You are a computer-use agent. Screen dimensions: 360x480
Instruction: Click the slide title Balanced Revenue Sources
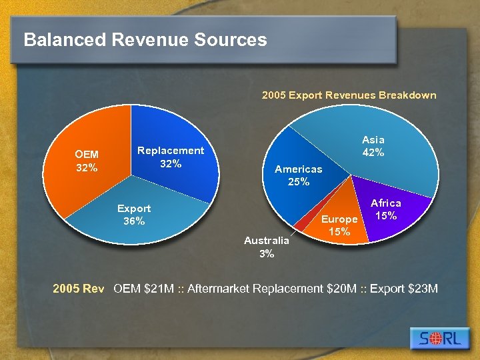click(x=145, y=40)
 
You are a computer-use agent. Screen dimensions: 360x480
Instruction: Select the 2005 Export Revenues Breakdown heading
click(x=349, y=95)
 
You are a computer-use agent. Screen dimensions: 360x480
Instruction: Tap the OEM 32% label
click(x=87, y=161)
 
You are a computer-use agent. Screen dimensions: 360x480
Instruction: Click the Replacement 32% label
click(x=171, y=157)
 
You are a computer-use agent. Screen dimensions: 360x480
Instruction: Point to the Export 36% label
click(x=134, y=215)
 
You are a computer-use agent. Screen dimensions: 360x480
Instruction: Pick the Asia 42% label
click(x=373, y=146)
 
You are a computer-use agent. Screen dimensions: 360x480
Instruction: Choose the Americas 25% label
click(x=299, y=175)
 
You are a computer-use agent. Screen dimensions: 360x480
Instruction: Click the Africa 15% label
click(x=386, y=209)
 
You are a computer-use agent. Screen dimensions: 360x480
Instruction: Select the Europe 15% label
click(x=340, y=225)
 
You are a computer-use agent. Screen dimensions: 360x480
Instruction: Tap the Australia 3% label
click(x=267, y=247)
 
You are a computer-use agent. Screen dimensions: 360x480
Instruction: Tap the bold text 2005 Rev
click(x=79, y=289)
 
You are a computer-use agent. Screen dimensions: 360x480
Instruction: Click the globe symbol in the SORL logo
click(x=433, y=339)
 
